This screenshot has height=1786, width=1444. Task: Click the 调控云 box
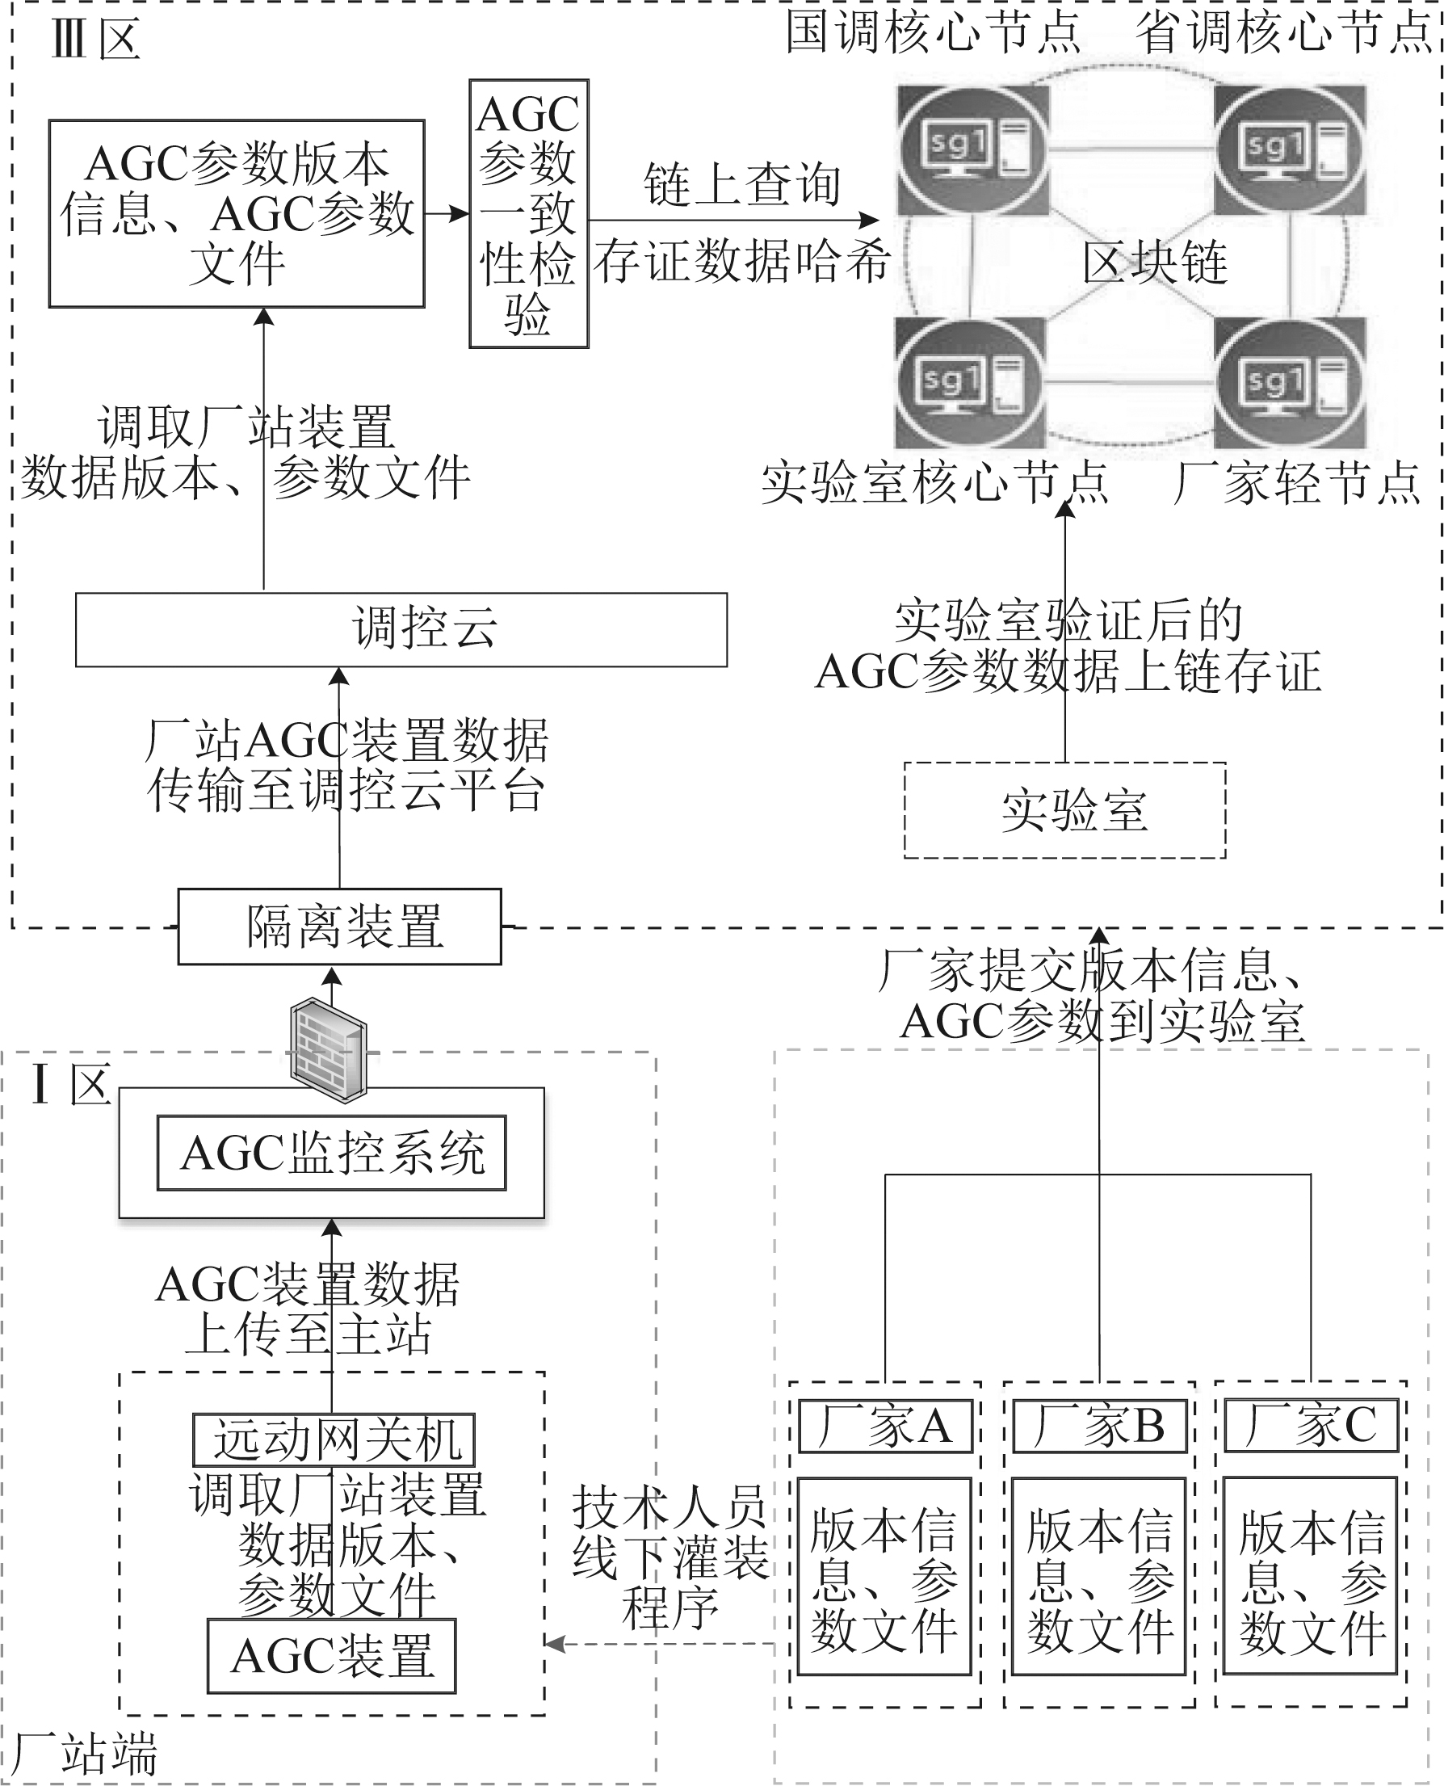pos(401,630)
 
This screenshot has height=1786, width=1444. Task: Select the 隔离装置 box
pos(339,926)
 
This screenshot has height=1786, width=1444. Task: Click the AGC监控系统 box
pos(331,1154)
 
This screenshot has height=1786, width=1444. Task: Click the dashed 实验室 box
pos(1064,809)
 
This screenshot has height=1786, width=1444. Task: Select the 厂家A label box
pos(885,1426)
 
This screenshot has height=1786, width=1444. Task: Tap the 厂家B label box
pos(1099,1426)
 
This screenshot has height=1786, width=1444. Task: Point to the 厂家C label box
pos(1311,1426)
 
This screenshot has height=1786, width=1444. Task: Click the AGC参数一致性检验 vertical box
pos(529,214)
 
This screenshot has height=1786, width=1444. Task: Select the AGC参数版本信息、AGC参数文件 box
pos(237,214)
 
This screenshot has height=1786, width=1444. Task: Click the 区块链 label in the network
pos(1155,263)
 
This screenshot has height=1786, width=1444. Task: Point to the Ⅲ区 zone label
pos(94,39)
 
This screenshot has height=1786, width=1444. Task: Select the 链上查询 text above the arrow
pos(742,185)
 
